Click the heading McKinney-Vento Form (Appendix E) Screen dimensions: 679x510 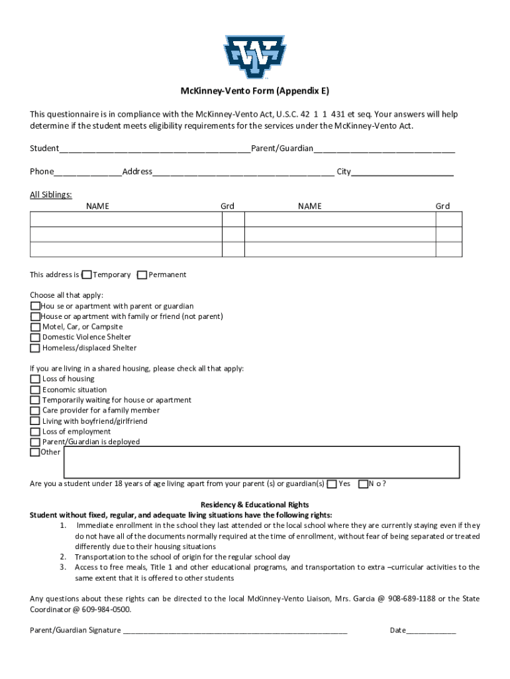255,92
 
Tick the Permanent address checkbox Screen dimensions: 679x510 142,275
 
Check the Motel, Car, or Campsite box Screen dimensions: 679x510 35,327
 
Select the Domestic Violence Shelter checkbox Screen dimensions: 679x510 35,338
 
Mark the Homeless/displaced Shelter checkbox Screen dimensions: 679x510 35,348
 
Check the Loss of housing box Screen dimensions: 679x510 35,379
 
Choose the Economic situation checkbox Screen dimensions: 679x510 35,390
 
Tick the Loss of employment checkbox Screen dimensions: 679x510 35,432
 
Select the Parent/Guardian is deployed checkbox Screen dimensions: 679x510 35,442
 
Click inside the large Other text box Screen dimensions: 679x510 261,462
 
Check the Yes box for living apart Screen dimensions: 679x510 332,484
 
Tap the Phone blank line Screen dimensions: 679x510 88,172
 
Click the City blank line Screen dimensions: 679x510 402,172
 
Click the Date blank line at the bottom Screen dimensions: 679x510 431,631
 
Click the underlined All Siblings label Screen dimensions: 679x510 51,194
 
